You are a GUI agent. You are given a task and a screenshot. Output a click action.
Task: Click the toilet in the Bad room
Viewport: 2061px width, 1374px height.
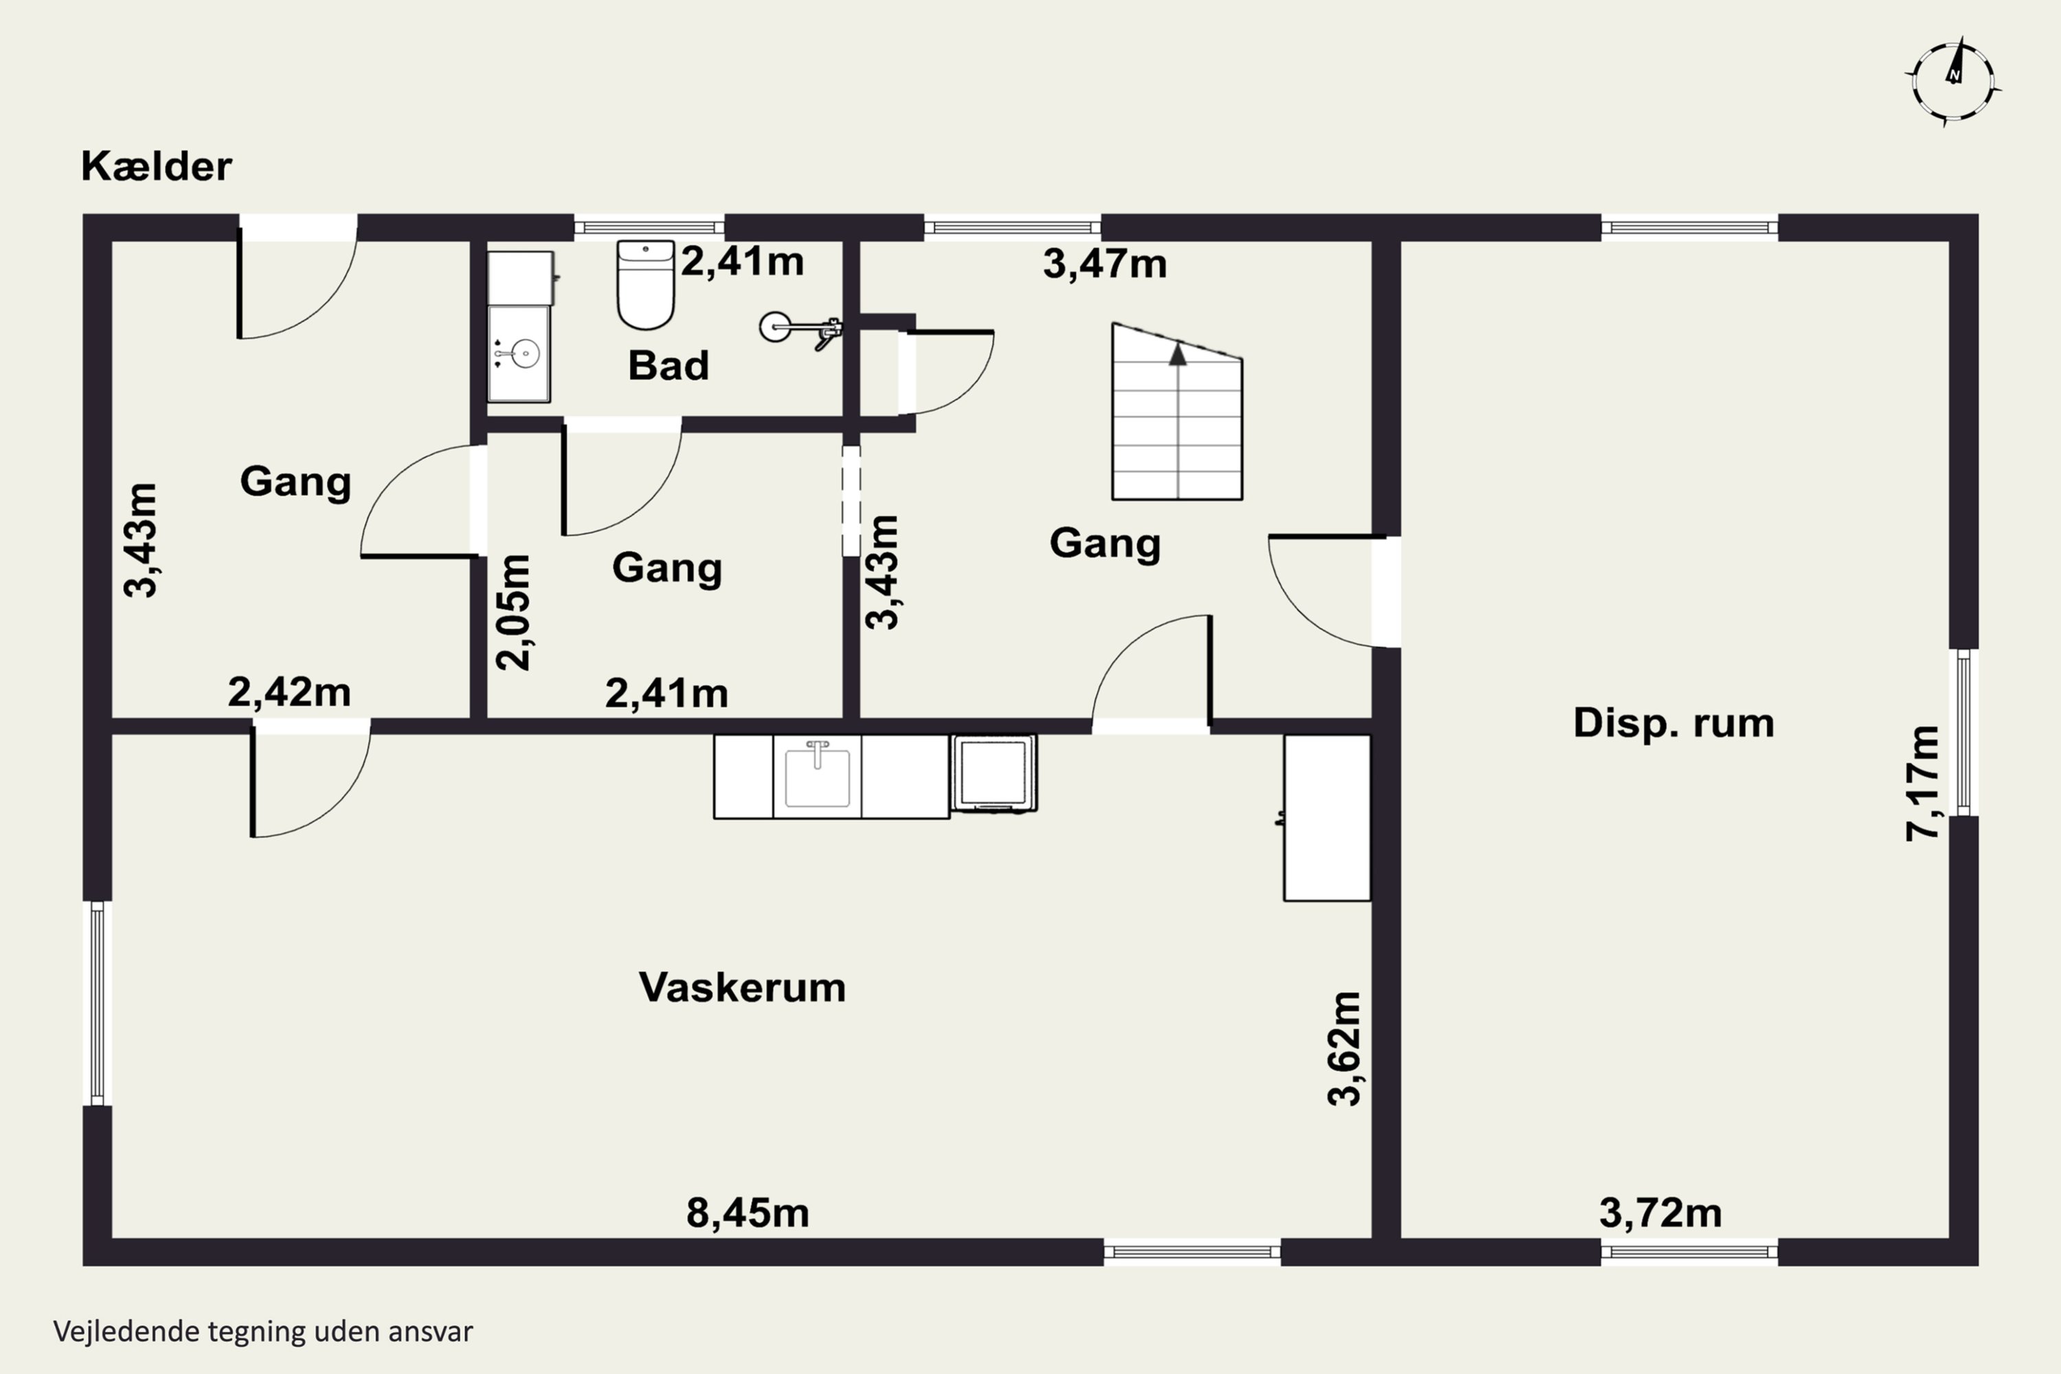tap(646, 285)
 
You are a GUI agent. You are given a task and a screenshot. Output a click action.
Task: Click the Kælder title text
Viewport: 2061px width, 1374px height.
tap(157, 166)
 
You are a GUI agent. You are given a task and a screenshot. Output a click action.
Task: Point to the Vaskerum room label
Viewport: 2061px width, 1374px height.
tap(742, 988)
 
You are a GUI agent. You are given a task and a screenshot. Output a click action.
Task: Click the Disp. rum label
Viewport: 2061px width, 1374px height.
tap(1674, 723)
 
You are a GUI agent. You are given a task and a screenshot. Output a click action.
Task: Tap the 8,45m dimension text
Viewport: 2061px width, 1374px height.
tap(747, 1213)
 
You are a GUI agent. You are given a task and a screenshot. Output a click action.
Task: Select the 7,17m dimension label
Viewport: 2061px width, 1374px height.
tap(1922, 783)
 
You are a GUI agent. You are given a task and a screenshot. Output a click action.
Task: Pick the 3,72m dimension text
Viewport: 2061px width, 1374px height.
tap(1660, 1213)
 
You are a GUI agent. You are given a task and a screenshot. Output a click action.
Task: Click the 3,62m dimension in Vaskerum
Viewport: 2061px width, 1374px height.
tap(1344, 1049)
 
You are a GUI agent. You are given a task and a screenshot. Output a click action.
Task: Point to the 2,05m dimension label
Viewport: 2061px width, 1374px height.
tap(513, 613)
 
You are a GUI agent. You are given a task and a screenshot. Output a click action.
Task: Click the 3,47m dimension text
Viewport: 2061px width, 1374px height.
tap(1105, 264)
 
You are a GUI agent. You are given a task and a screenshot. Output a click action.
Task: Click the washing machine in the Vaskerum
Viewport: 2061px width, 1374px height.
tap(993, 774)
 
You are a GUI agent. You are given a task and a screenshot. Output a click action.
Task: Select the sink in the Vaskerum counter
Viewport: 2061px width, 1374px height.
tap(818, 774)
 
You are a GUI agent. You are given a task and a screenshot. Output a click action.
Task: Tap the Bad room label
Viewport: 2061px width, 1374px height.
tap(668, 365)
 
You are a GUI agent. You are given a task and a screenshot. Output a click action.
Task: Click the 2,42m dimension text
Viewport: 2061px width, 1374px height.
tap(289, 692)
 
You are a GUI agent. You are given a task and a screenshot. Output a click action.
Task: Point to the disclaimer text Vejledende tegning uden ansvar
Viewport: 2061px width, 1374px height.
tap(263, 1331)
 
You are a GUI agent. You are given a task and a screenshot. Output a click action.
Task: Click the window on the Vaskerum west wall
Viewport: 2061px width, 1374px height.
tap(98, 1003)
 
